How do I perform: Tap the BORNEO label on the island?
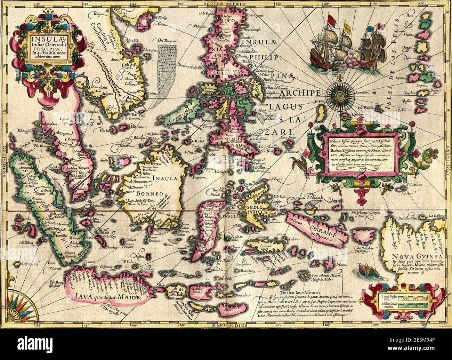pos(150,193)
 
